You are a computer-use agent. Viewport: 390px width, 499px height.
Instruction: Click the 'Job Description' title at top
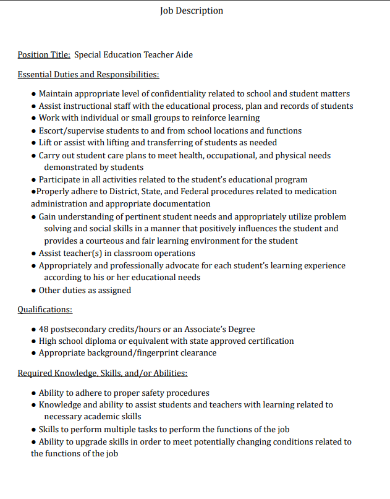click(192, 11)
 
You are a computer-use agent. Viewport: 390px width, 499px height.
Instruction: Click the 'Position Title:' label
click(44, 54)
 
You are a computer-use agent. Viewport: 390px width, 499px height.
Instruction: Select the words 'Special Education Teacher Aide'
click(134, 54)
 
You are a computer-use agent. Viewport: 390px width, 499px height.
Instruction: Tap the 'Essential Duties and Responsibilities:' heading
click(88, 74)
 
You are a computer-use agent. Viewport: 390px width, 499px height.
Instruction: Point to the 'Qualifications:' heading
click(45, 309)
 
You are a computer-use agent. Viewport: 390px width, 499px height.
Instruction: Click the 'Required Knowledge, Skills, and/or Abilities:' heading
click(103, 373)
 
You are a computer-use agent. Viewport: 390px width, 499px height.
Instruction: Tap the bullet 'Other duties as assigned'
click(85, 290)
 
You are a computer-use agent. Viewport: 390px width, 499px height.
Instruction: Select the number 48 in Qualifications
click(45, 329)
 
